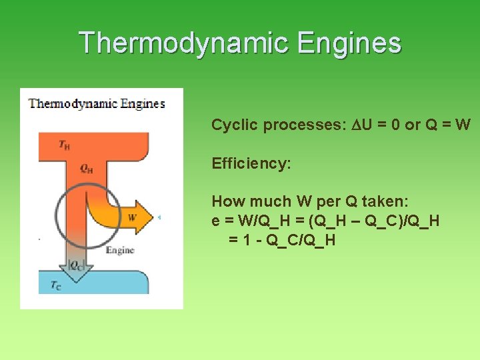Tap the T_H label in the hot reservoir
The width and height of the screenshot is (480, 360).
[65, 145]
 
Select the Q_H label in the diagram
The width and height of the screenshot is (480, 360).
[86, 169]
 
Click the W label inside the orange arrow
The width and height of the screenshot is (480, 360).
[131, 217]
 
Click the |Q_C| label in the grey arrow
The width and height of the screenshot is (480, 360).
[76, 264]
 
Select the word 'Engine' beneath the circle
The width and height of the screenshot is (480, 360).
[120, 250]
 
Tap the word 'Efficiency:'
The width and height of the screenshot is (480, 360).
[251, 163]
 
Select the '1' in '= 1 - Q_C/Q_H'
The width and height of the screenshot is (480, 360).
[248, 239]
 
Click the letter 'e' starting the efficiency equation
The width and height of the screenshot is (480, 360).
[215, 221]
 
